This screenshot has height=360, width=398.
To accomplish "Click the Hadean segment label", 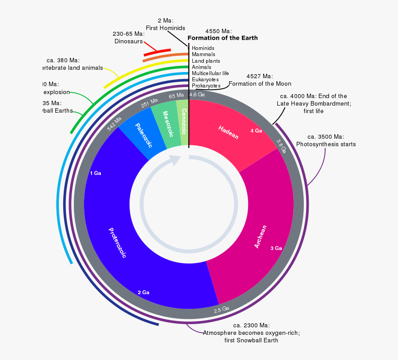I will pos(228,132).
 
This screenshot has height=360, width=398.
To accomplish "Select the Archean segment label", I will pos(260,237).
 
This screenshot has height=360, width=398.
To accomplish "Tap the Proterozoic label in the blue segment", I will pos(117,243).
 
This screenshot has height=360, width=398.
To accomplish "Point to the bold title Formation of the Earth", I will pos(222,38).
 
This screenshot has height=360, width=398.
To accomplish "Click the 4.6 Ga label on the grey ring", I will pos(197,95).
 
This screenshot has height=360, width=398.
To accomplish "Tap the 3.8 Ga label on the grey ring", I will pos(281,146).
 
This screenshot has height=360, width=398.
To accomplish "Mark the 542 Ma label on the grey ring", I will pos(114,124).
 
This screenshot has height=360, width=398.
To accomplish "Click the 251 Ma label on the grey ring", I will pos(149,102).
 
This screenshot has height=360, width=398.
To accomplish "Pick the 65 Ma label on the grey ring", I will pos(176,95).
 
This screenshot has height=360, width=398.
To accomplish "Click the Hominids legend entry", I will pos(203,48).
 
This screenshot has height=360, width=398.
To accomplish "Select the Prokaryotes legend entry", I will pos(206,85).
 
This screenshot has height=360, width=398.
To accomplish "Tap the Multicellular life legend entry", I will pos(210,73).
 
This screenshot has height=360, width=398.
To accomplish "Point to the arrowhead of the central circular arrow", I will pos(176,160).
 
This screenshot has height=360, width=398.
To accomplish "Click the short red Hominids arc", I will pos(157,53).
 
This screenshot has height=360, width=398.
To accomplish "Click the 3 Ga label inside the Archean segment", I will pos(276,248).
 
